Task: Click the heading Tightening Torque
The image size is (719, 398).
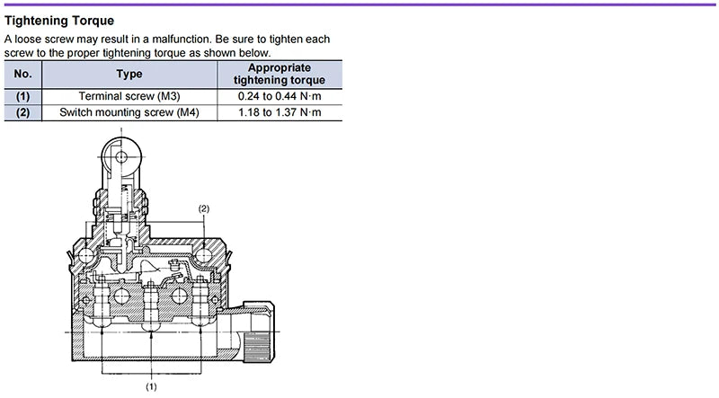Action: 59,21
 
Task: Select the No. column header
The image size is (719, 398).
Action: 23,74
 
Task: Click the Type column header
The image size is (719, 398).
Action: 129,74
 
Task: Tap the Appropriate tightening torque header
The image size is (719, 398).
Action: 280,74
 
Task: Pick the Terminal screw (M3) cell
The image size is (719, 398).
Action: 129,96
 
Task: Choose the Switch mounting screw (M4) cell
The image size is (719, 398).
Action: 129,112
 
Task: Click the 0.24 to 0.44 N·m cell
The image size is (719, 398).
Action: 280,96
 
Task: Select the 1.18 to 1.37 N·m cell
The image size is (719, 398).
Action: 280,112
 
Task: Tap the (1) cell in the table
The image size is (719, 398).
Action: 23,96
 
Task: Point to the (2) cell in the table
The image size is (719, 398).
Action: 23,112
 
